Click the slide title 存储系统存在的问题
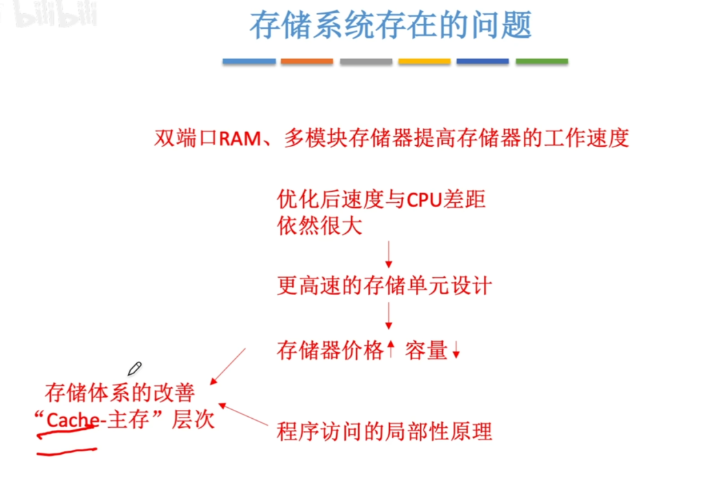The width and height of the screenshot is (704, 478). pyautogui.click(x=390, y=25)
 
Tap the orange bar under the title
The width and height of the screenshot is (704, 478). pyautogui.click(x=307, y=61)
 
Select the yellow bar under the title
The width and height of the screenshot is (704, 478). pyautogui.click(x=424, y=61)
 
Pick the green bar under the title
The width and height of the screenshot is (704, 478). pyautogui.click(x=542, y=61)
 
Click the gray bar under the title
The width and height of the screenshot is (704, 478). pyautogui.click(x=366, y=61)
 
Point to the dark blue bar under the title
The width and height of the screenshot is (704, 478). pyautogui.click(x=483, y=61)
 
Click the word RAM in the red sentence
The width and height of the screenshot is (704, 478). pyautogui.click(x=240, y=138)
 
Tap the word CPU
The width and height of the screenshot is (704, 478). pyautogui.click(x=424, y=200)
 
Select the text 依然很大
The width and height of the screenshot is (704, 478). pyautogui.click(x=320, y=226)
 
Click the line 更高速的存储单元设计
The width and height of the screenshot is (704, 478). pyautogui.click(x=384, y=285)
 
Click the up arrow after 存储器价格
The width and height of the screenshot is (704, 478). pyautogui.click(x=390, y=349)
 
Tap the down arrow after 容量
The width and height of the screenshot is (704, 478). pyautogui.click(x=456, y=350)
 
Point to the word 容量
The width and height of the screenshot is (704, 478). pyautogui.click(x=426, y=350)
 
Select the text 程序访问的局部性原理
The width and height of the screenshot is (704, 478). pyautogui.click(x=384, y=431)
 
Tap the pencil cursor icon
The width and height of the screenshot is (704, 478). pyautogui.click(x=134, y=369)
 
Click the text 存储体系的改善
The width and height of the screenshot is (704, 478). pyautogui.click(x=120, y=393)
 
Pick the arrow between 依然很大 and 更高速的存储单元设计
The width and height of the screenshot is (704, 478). pyautogui.click(x=389, y=254)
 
